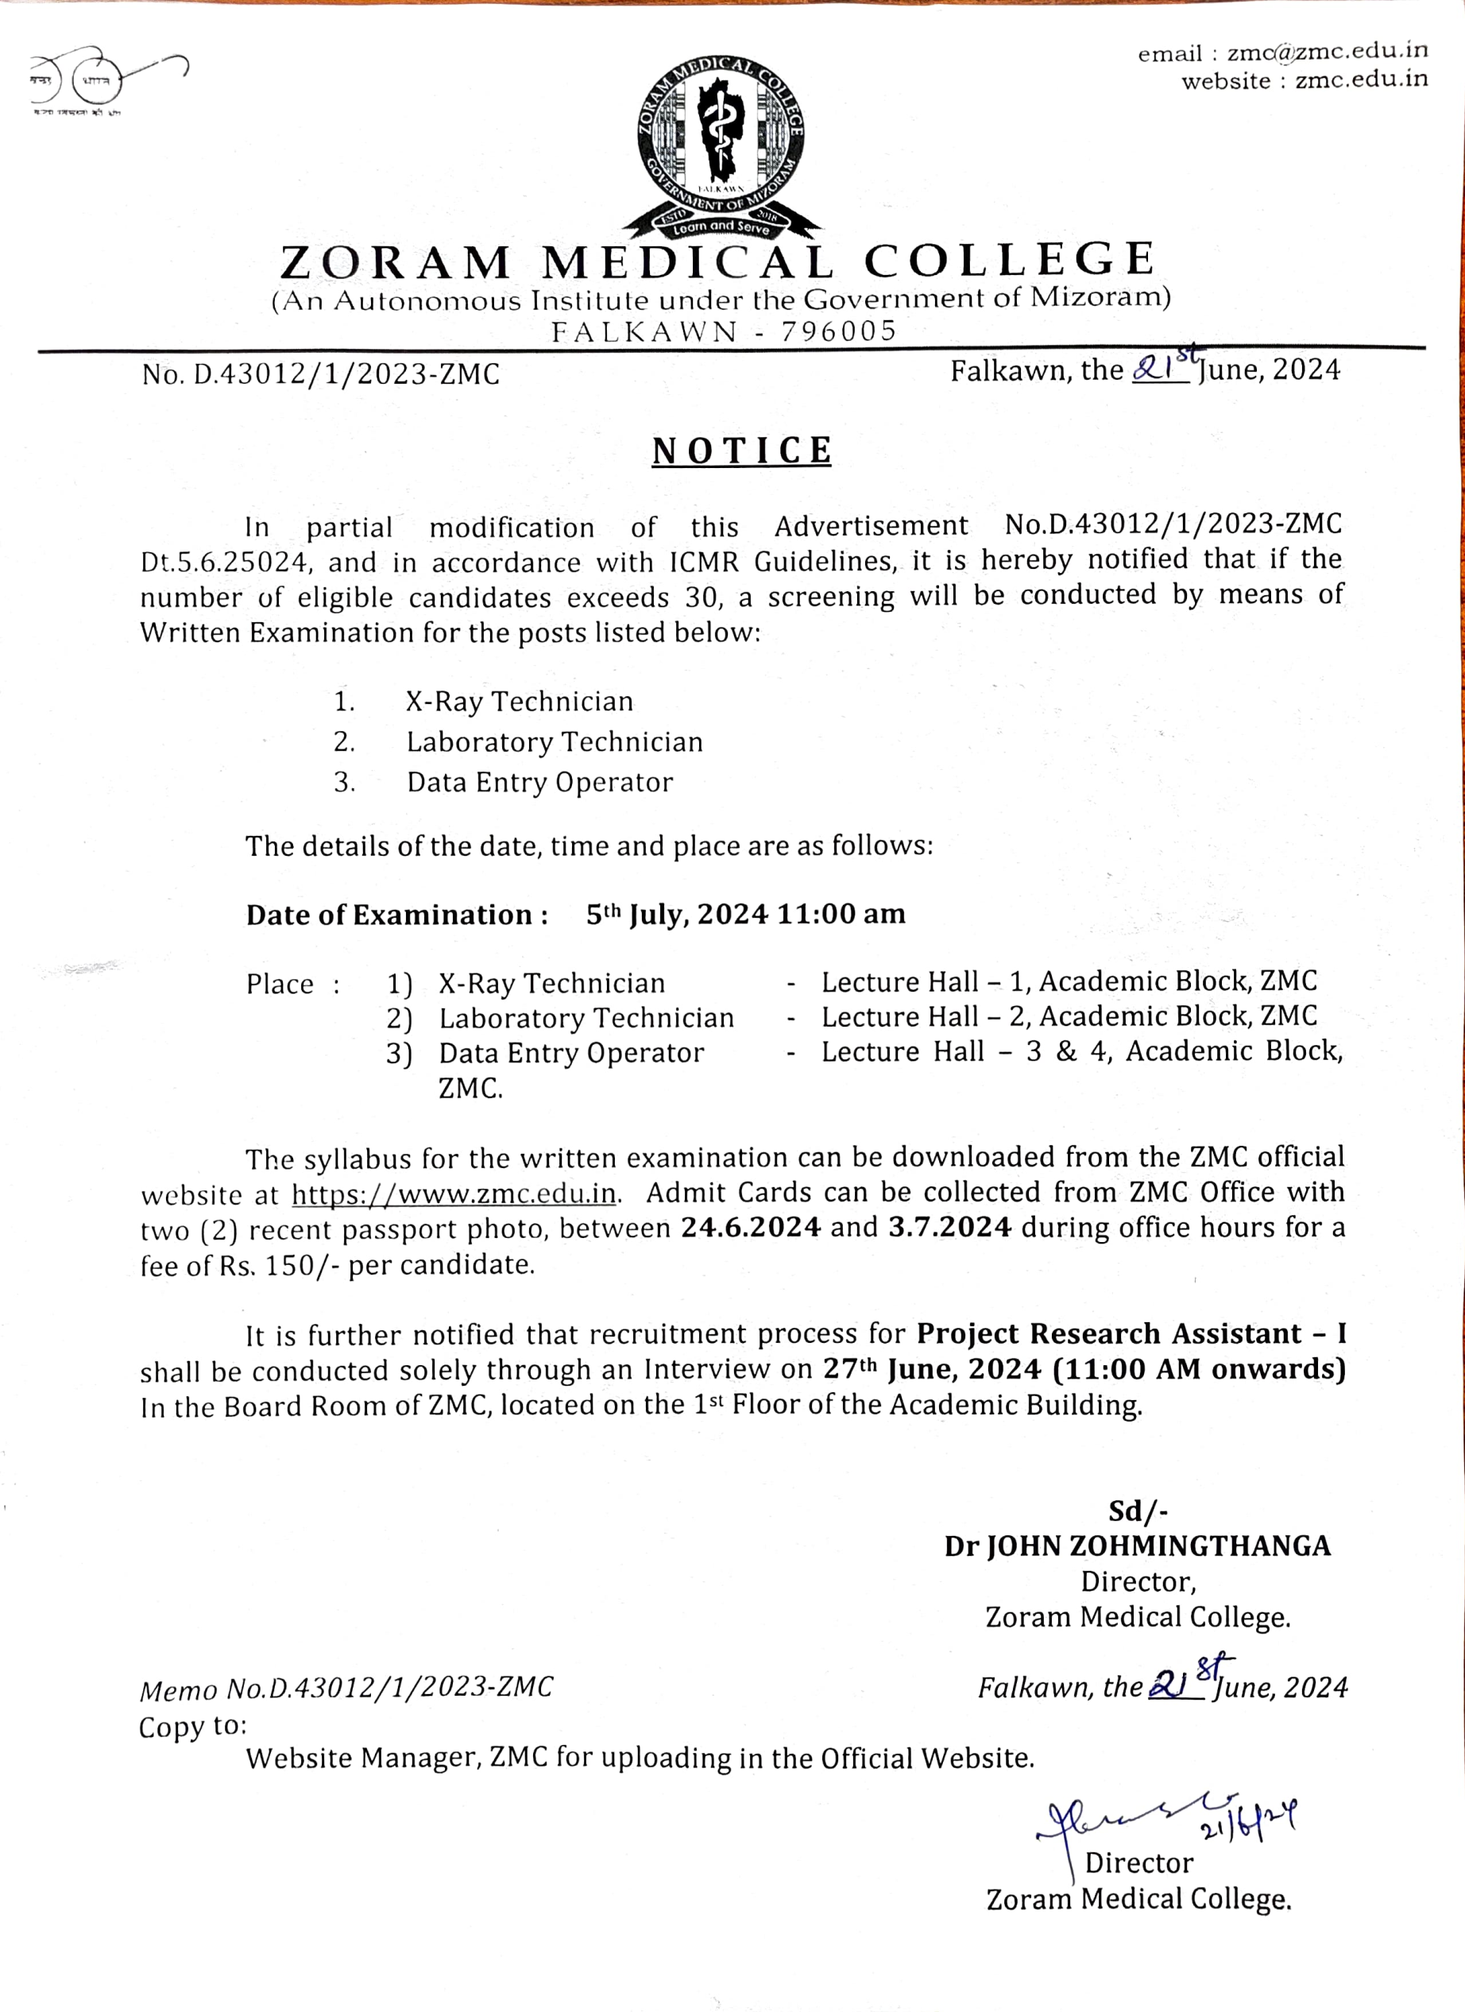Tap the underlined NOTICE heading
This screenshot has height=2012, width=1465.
tap(741, 451)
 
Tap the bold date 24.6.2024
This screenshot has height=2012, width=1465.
tap(750, 1228)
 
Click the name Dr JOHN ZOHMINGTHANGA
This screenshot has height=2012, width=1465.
tap(1137, 1546)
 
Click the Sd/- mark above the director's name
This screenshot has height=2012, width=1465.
tap(1138, 1511)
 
